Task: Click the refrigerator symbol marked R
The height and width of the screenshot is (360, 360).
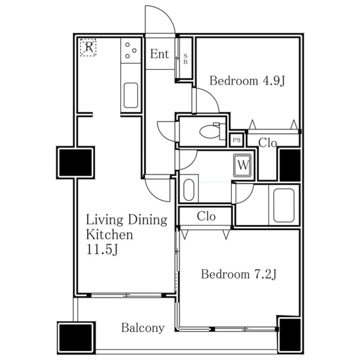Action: pyautogui.click(x=88, y=48)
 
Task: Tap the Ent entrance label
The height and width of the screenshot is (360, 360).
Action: pyautogui.click(x=159, y=54)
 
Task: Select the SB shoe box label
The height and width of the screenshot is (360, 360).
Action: pyautogui.click(x=186, y=59)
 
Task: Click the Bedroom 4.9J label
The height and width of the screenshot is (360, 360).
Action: pyautogui.click(x=247, y=81)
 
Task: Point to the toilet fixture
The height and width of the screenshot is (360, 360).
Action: pyautogui.click(x=213, y=131)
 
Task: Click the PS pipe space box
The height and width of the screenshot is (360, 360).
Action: pyautogui.click(x=237, y=140)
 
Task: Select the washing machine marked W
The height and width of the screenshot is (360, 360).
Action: pyautogui.click(x=243, y=165)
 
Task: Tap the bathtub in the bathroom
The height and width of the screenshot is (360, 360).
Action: pyautogui.click(x=284, y=205)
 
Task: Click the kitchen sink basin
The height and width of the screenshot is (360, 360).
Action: pyautogui.click(x=131, y=95)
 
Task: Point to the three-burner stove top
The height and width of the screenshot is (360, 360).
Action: pyautogui.click(x=131, y=50)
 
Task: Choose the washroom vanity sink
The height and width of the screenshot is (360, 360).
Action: pyautogui.click(x=189, y=189)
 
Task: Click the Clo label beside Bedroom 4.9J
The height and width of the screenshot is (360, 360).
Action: pyautogui.click(x=268, y=143)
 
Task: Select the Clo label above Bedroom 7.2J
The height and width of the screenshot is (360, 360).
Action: pyautogui.click(x=206, y=216)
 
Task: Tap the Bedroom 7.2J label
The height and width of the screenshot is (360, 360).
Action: pyautogui.click(x=239, y=274)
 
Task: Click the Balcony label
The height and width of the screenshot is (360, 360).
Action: pyautogui.click(x=143, y=328)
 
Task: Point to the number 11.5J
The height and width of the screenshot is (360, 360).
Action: pyautogui.click(x=102, y=249)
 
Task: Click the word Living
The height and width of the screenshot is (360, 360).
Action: pyautogui.click(x=104, y=220)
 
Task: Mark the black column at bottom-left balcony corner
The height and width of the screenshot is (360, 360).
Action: pyautogui.click(x=76, y=338)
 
